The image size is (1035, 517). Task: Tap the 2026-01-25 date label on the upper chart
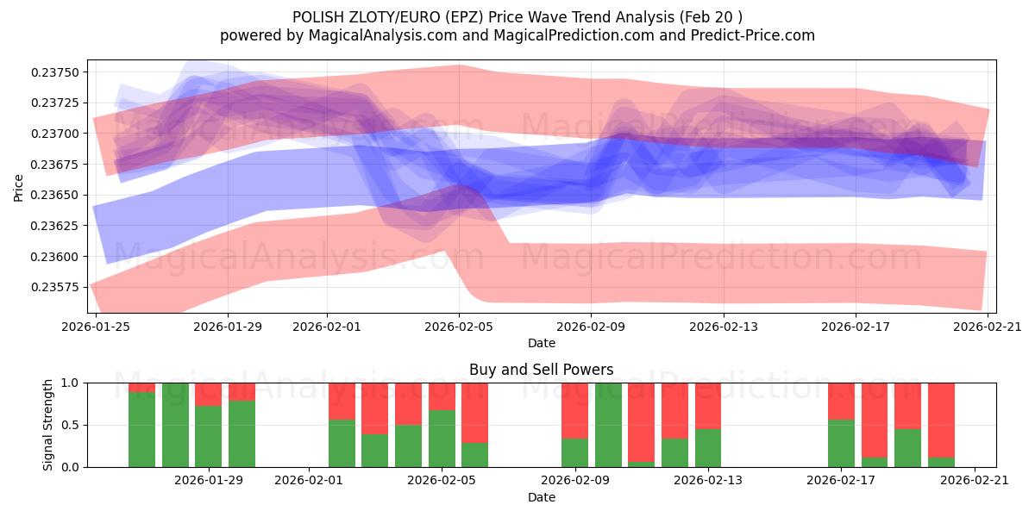point(95,327)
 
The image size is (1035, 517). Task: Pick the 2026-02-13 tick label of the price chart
point(724,327)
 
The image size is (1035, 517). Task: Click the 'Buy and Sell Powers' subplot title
point(541,370)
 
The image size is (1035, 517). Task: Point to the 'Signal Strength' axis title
point(48,425)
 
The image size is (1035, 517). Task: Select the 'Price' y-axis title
point(18,186)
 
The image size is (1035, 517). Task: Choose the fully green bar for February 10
point(608,425)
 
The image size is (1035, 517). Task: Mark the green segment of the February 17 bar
point(841,444)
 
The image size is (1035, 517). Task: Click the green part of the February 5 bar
point(442,439)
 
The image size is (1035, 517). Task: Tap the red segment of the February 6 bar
point(474,412)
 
